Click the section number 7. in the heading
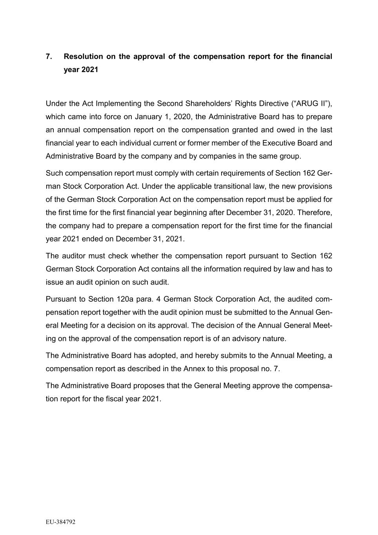click(49, 56)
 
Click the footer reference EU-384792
click(60, 522)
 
